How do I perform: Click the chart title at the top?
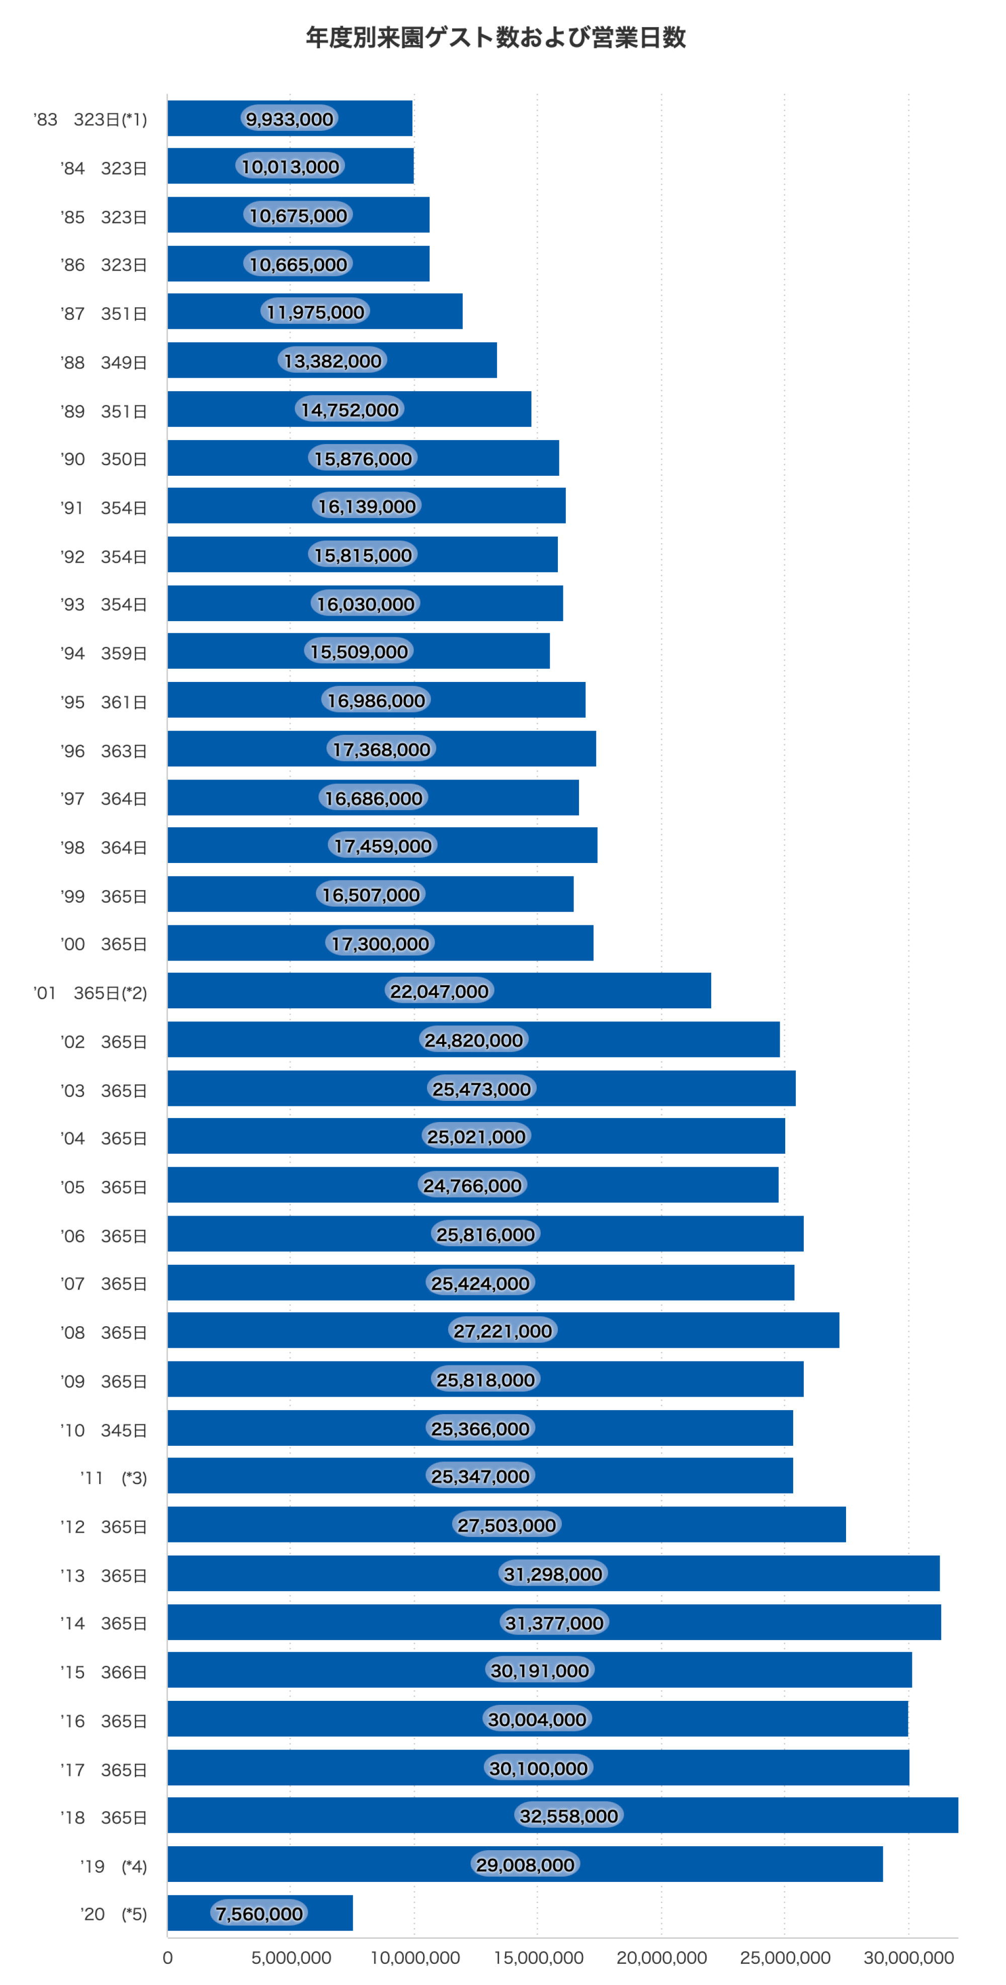point(495,37)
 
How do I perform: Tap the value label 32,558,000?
point(569,1816)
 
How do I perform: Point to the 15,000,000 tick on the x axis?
point(538,1958)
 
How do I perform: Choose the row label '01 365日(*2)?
point(90,993)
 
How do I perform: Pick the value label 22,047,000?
point(440,992)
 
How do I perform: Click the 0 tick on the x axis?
point(167,1958)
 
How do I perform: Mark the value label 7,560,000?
point(259,1914)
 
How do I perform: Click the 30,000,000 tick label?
point(908,1958)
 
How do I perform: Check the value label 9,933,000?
point(289,119)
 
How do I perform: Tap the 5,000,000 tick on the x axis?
point(291,1958)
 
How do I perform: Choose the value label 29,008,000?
point(525,1865)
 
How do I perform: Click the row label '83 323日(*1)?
point(90,119)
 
